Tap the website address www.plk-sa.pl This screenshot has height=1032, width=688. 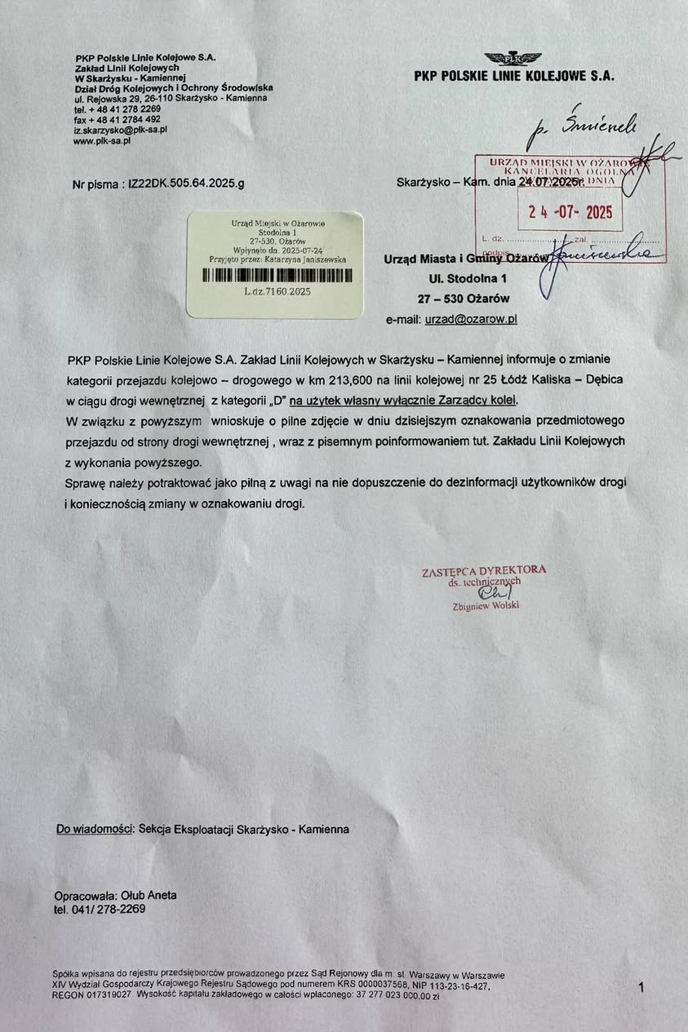coord(102,140)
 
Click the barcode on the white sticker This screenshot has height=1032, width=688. coord(274,275)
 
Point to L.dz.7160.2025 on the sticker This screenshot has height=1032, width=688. coord(277,290)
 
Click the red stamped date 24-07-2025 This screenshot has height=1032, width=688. coord(570,212)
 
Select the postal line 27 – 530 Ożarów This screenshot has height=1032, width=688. coord(463,299)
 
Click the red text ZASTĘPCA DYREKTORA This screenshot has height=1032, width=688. coord(483,570)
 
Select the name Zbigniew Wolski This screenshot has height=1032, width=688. coord(485,606)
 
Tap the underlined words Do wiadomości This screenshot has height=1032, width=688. coord(94,829)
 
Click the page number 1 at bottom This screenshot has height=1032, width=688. coord(641,987)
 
